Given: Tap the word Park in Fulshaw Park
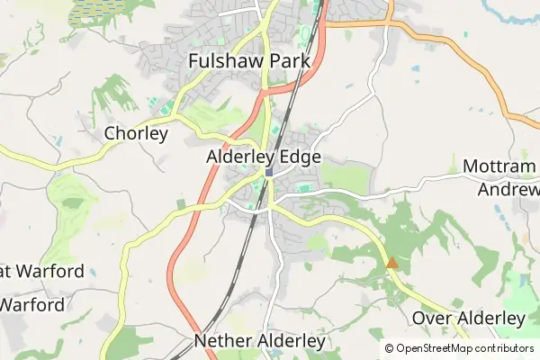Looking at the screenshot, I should coord(286,61).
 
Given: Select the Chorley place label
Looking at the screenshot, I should coord(136,134).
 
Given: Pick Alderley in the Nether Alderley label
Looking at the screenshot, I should coord(292,342).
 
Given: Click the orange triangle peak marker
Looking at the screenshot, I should coord(391,264).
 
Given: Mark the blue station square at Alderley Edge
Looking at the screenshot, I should coord(268,173).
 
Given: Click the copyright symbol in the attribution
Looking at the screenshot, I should coord(389,348).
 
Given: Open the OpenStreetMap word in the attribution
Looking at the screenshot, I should coord(436,348).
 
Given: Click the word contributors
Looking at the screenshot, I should coord(507,348).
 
